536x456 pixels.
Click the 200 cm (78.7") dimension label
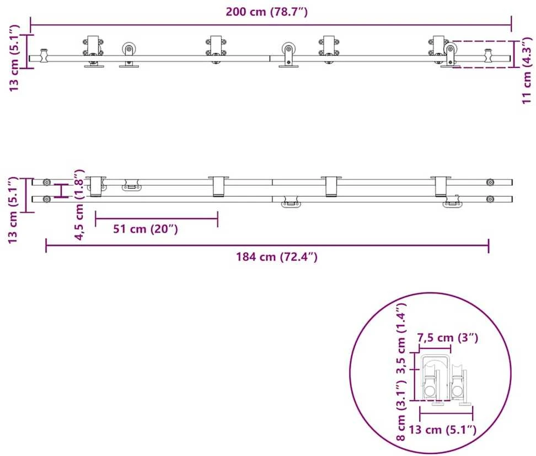pos(267,12)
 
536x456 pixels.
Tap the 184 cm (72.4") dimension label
pos(277,256)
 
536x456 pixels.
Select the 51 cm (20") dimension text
pos(146,228)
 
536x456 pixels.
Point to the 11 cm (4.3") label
pos(527,71)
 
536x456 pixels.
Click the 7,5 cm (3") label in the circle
pos(447,338)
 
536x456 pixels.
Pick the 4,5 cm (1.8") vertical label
pos(79,205)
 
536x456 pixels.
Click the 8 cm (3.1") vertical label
pos(401,412)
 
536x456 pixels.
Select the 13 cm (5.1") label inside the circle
pos(442,430)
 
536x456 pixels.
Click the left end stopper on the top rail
pos(44,55)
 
